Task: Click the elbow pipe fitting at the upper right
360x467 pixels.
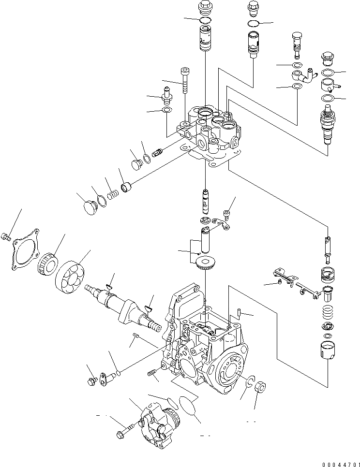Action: [x=300, y=76]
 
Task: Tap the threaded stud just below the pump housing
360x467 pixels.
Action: [x=152, y=374]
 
